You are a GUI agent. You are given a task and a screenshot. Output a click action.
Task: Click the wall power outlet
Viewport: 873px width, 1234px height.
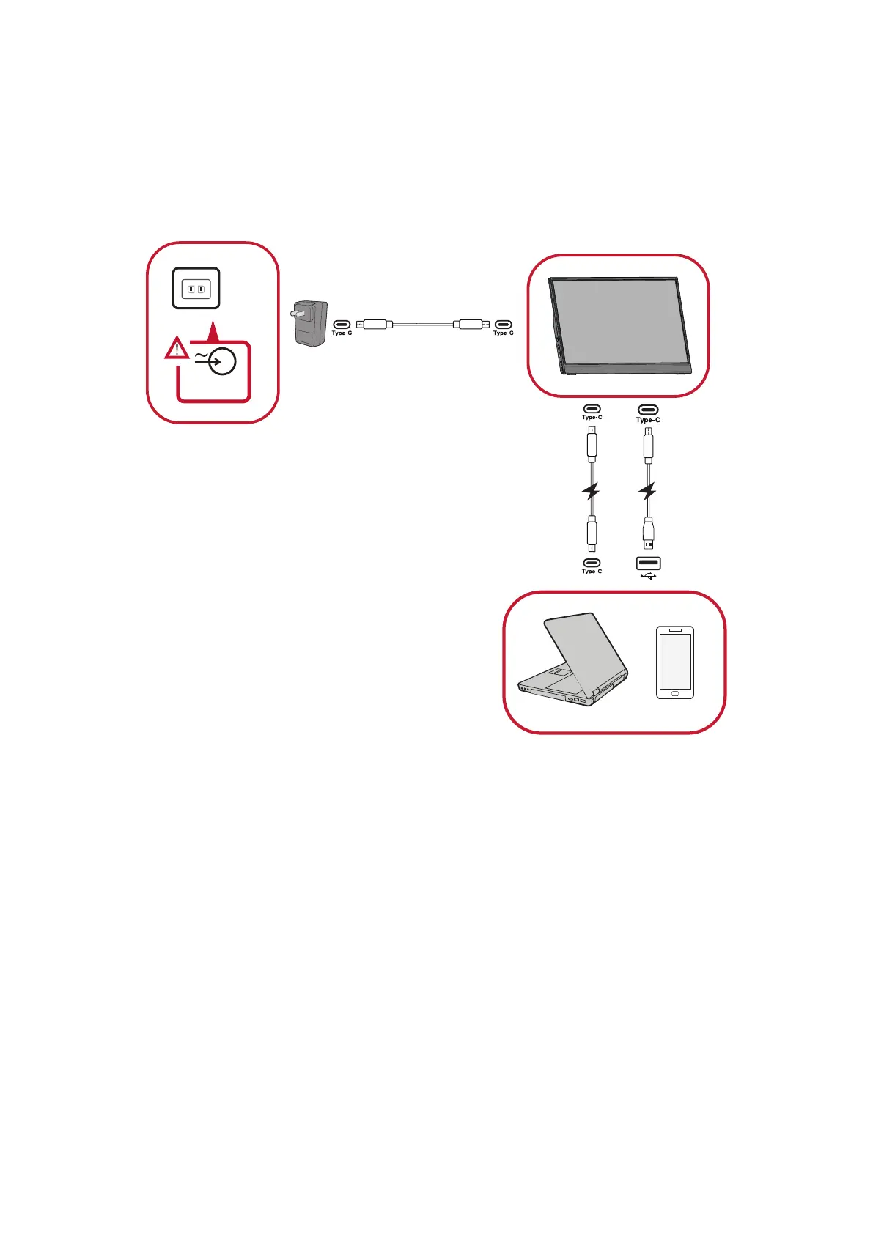[196, 289]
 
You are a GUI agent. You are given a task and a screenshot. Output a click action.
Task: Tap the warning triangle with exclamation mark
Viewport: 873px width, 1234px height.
[176, 350]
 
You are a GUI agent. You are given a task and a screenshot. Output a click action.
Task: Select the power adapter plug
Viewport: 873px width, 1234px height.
[309, 323]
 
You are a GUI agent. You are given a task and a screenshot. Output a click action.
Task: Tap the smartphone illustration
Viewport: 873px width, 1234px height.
[674, 662]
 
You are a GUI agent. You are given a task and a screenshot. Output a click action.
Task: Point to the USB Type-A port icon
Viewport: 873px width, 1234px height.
[648, 563]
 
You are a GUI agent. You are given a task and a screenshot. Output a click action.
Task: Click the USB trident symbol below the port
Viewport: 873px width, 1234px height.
[648, 575]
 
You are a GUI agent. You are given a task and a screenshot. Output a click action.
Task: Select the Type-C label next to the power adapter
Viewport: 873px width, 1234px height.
[342, 333]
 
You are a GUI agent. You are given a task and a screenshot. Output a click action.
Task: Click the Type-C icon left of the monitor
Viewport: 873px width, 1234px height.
[503, 324]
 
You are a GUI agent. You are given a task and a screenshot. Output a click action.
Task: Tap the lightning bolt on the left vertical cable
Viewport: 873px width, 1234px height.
[591, 491]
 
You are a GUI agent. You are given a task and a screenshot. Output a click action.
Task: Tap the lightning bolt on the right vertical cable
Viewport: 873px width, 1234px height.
[647, 491]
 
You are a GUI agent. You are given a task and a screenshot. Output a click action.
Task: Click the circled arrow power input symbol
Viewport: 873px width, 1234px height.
[221, 361]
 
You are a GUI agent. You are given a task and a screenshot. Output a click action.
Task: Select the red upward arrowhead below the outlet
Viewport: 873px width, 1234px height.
[213, 333]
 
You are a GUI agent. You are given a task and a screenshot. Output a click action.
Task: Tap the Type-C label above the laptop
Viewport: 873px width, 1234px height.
[592, 571]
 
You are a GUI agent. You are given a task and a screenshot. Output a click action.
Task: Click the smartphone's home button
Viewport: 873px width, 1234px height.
[674, 692]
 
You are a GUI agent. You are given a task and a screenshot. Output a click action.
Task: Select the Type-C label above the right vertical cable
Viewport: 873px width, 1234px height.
[648, 420]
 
